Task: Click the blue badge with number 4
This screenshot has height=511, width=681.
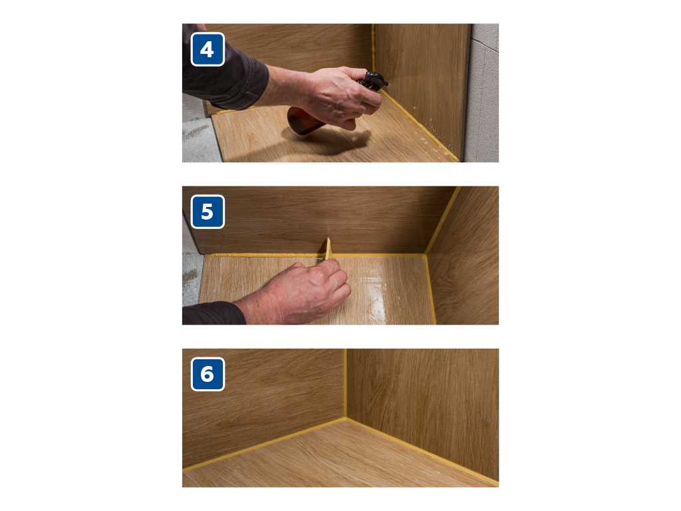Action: pos(207,49)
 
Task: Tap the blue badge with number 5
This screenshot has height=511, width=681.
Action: pos(207,212)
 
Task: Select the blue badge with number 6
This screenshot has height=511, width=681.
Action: pos(207,374)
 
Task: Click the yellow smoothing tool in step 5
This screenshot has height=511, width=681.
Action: pos(327,249)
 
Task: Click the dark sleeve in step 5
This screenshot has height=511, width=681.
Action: pos(213,314)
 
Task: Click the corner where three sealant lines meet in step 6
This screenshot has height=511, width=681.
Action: pos(346,418)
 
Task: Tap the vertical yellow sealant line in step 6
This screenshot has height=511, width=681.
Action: pos(346,383)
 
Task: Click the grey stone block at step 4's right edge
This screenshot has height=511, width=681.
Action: pos(482,92)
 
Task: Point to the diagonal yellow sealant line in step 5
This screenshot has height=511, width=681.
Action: pos(442,220)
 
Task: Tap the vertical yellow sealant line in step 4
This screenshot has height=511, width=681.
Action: pos(373,48)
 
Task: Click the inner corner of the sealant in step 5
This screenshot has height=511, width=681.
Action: pos(426,255)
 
